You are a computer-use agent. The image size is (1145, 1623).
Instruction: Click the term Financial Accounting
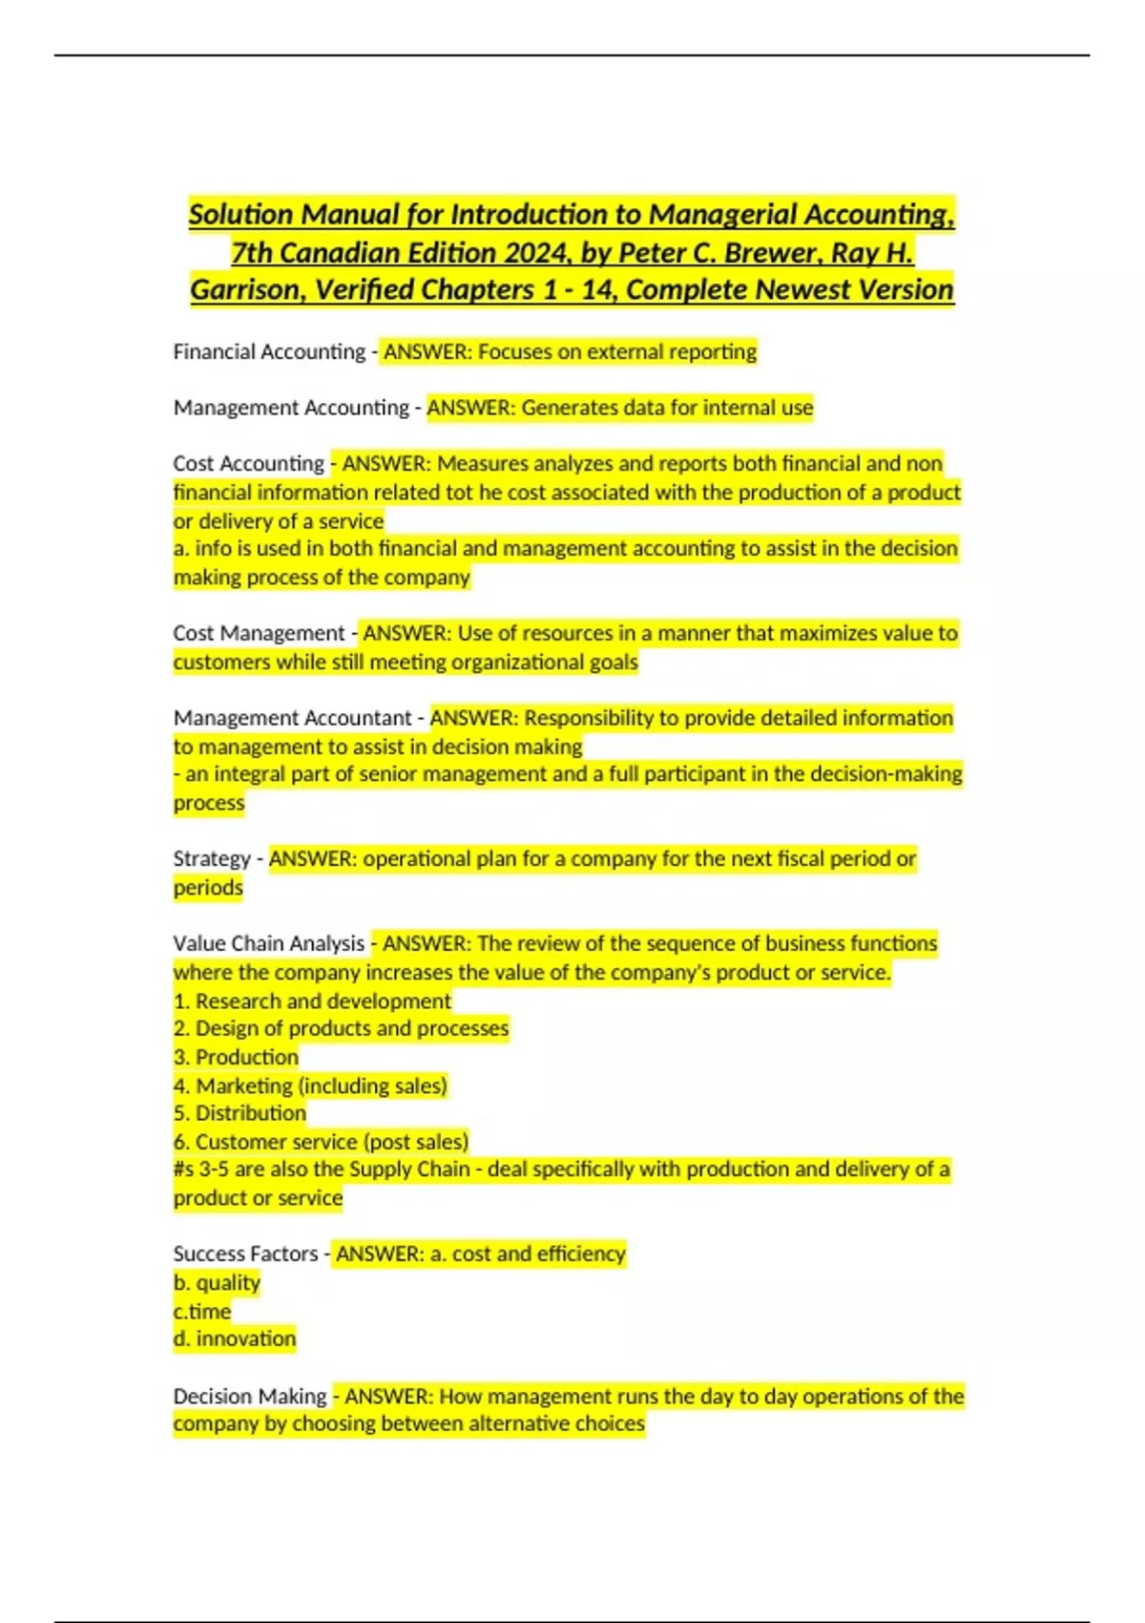point(269,352)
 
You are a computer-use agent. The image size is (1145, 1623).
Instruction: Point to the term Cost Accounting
point(249,464)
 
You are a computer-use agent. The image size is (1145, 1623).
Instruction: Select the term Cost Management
point(259,634)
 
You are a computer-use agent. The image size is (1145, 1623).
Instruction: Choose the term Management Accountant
point(292,718)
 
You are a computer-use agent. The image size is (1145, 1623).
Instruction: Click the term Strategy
point(212,859)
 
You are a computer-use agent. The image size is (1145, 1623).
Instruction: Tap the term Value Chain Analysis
point(269,944)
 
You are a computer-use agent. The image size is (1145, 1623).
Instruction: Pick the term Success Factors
point(245,1254)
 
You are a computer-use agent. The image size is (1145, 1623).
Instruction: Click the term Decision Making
point(250,1396)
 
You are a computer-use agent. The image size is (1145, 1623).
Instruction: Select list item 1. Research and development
point(312,1001)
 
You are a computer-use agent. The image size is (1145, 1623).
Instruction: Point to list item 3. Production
point(236,1058)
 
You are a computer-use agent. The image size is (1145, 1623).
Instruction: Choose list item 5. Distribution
point(239,1113)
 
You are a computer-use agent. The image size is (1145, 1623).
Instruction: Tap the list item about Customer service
point(321,1142)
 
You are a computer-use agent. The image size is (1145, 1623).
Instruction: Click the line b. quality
point(217,1283)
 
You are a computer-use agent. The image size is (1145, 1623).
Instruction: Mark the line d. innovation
point(235,1338)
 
